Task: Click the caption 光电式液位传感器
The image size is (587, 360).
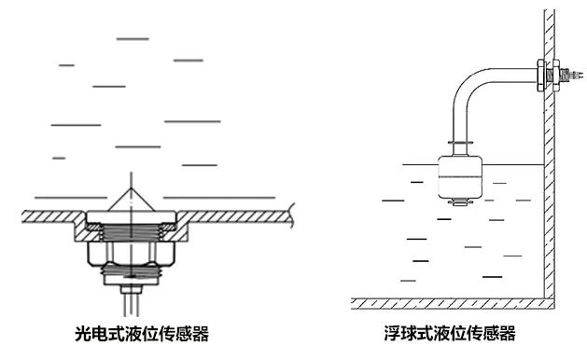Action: coord(141,333)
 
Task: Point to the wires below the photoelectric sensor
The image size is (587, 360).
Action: coord(132,300)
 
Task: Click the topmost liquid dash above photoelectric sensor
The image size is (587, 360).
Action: coord(131,38)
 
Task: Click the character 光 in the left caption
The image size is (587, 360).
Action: coord(82,333)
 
